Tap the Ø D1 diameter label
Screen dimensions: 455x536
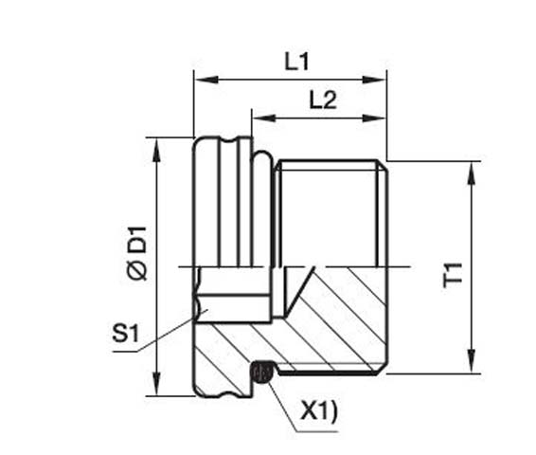coord(138,252)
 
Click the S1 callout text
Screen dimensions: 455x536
coord(125,334)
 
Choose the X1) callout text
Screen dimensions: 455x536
coord(318,411)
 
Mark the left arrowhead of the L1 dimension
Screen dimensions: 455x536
coord(200,81)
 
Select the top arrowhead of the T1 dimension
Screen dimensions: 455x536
coord(471,168)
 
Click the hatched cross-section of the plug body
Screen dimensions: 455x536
coord(331,322)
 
